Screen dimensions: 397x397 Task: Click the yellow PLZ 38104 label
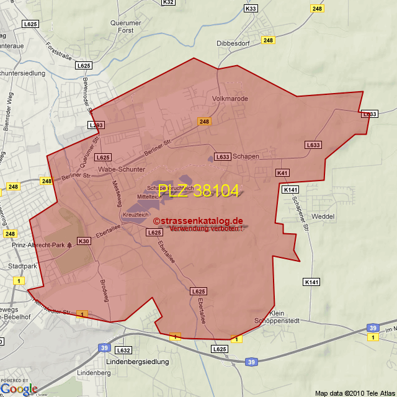pyautogui.click(x=198, y=191)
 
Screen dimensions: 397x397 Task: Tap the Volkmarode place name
pyautogui.click(x=230, y=99)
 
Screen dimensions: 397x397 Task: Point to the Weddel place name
pyautogui.click(x=322, y=216)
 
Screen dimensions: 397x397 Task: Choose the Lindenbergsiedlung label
pyautogui.click(x=138, y=361)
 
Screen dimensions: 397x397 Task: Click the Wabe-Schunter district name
pyautogui.click(x=122, y=169)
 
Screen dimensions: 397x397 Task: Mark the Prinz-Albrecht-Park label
pyautogui.click(x=38, y=245)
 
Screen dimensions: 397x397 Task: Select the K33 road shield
pyautogui.click(x=251, y=9)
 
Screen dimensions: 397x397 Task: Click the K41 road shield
pyautogui.click(x=283, y=173)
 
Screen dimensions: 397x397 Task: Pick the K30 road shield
pyautogui.click(x=84, y=241)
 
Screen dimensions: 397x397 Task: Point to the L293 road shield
pyautogui.click(x=96, y=125)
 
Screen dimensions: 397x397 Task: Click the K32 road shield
pyautogui.click(x=167, y=2)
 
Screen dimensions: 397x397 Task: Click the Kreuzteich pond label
pyautogui.click(x=135, y=214)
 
